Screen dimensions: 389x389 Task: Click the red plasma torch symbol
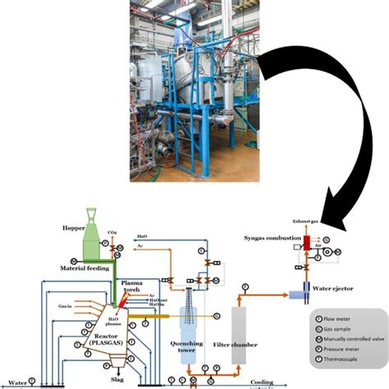click(121, 303)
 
